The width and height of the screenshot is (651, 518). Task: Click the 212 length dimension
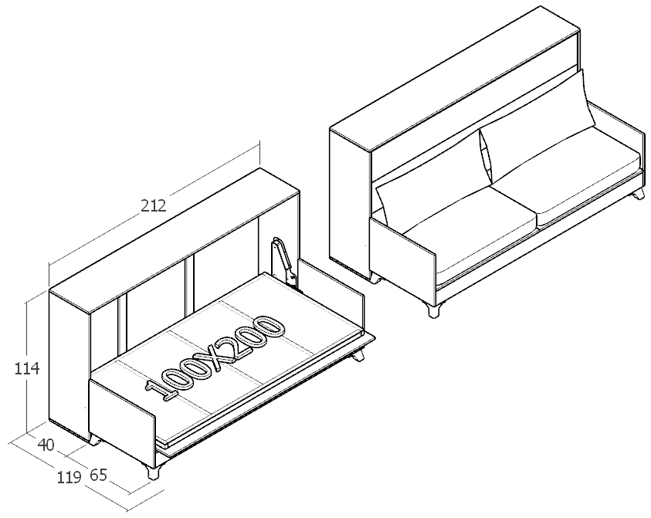(153, 205)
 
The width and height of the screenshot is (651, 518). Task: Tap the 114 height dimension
(27, 368)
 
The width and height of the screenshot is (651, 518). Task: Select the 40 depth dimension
(46, 445)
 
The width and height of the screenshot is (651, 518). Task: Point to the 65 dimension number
(98, 476)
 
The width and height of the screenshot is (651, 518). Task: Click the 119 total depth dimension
(69, 478)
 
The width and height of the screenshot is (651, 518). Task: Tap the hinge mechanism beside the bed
(285, 262)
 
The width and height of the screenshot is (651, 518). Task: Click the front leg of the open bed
(153, 471)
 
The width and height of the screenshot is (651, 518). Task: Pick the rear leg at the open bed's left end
(95, 440)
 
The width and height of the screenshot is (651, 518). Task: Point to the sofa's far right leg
(639, 194)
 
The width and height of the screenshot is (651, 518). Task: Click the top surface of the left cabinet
(175, 241)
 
